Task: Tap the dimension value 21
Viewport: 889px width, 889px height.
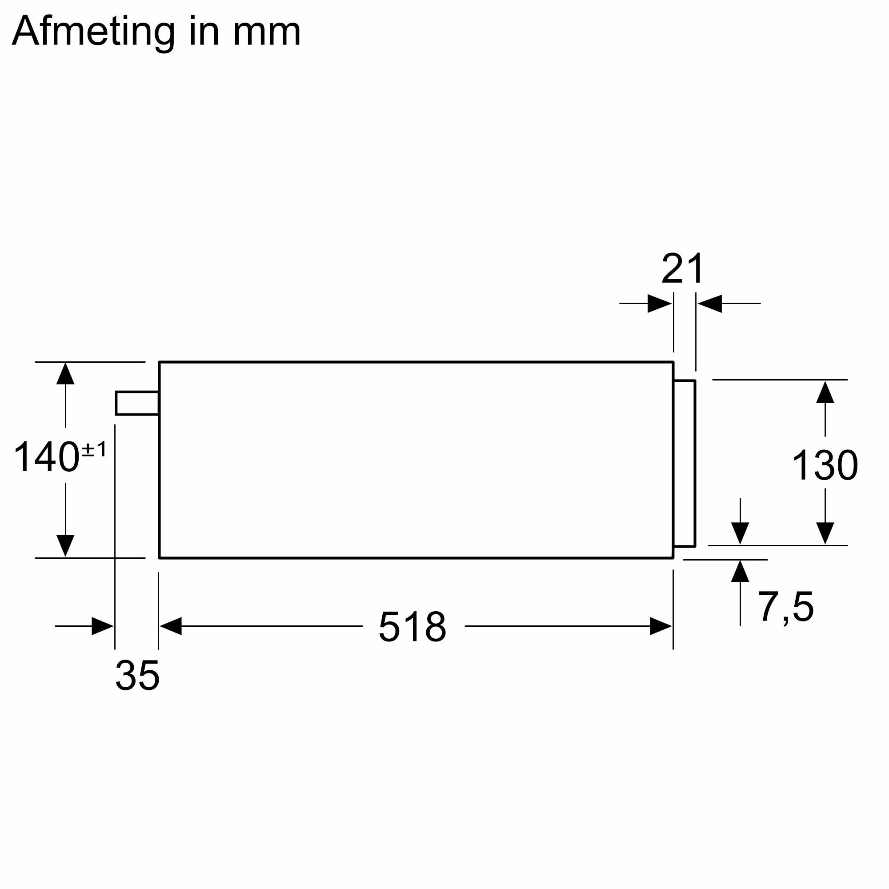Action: (x=683, y=268)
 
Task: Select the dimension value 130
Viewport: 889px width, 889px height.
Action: (x=825, y=465)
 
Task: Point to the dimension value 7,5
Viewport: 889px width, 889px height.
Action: (x=785, y=607)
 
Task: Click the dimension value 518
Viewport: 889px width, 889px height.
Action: (x=412, y=626)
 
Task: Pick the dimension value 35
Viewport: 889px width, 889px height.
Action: (x=137, y=675)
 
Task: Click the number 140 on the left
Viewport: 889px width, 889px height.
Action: (x=47, y=457)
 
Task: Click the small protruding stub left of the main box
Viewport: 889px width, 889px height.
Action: (x=137, y=403)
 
